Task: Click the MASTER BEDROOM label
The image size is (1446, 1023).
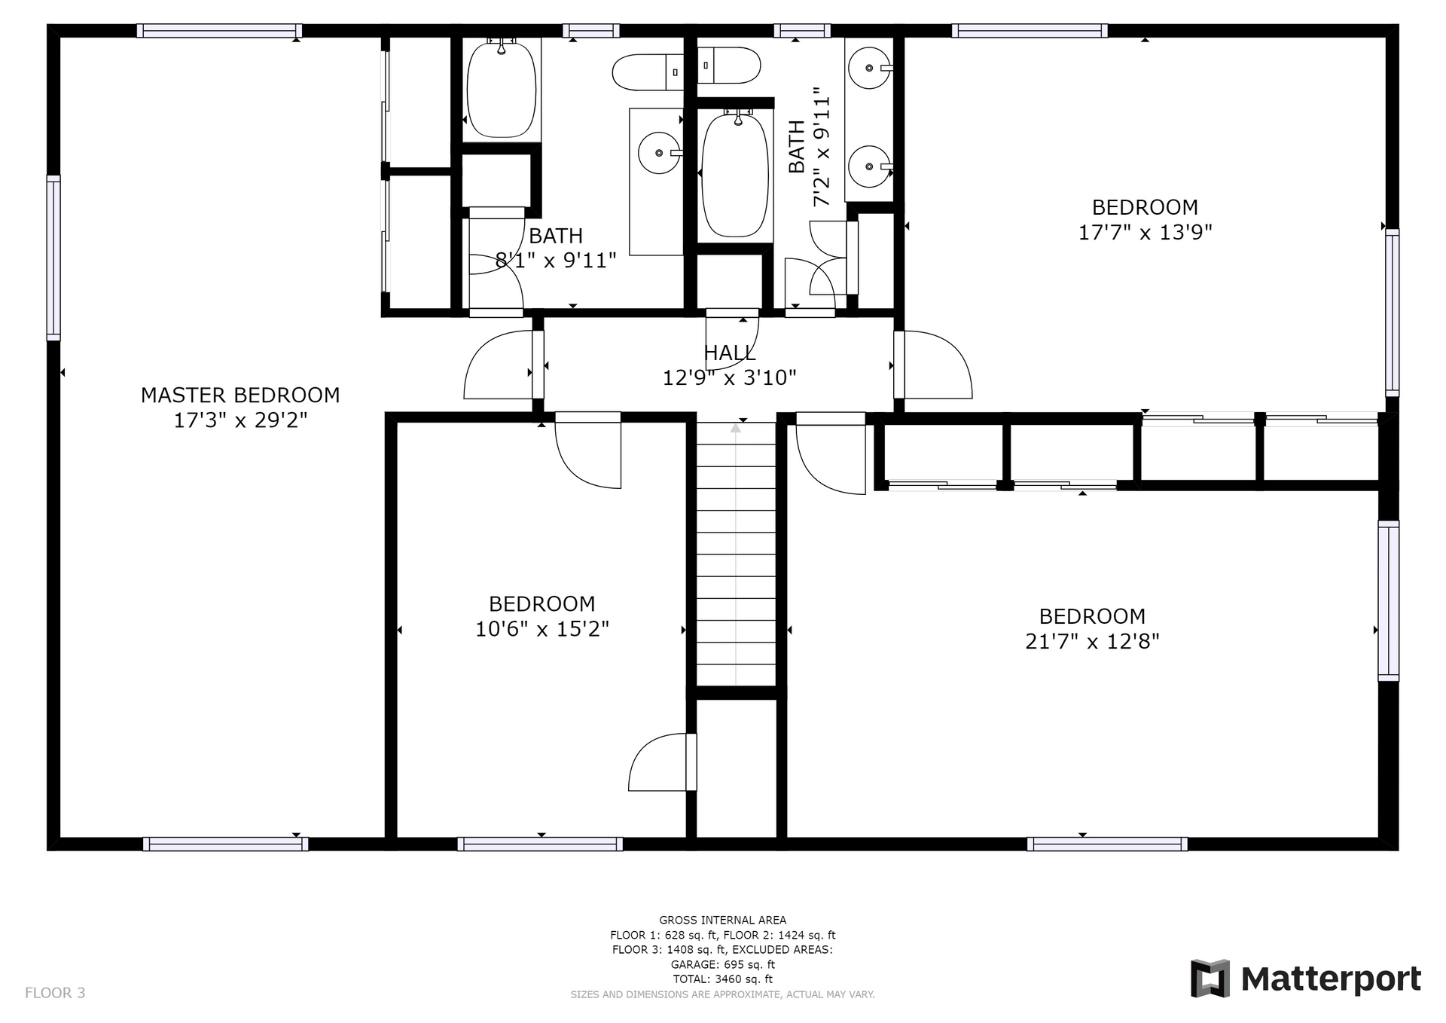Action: tap(240, 395)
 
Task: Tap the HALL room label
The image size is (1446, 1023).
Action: tap(729, 353)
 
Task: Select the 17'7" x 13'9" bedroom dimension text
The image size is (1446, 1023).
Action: tap(1145, 232)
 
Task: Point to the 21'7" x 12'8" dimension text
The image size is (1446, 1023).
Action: tap(1092, 641)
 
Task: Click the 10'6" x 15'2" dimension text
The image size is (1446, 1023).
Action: tap(541, 628)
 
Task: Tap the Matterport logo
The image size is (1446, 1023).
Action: tap(1306, 979)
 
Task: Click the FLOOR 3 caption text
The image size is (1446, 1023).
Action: tap(55, 993)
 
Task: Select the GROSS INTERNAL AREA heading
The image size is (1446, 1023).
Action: tap(723, 920)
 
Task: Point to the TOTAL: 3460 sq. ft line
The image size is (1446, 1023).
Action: tap(723, 979)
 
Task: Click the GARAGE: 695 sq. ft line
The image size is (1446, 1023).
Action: tap(723, 964)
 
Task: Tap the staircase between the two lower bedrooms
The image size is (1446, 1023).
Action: tap(736, 554)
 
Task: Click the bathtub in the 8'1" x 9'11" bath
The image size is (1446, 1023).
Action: tap(502, 89)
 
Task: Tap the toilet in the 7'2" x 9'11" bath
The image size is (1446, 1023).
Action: tap(729, 66)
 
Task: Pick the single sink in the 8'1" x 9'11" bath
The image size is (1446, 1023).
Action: tap(660, 153)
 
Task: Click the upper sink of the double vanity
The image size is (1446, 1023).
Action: tap(870, 68)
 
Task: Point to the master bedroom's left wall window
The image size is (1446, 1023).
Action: tap(53, 258)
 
